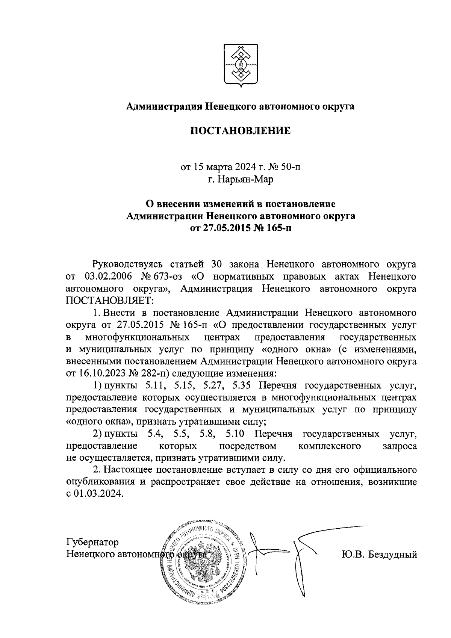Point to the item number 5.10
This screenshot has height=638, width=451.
pyautogui.click(x=235, y=434)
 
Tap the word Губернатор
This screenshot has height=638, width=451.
pyautogui.click(x=92, y=542)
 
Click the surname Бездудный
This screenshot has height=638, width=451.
pyautogui.click(x=394, y=554)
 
